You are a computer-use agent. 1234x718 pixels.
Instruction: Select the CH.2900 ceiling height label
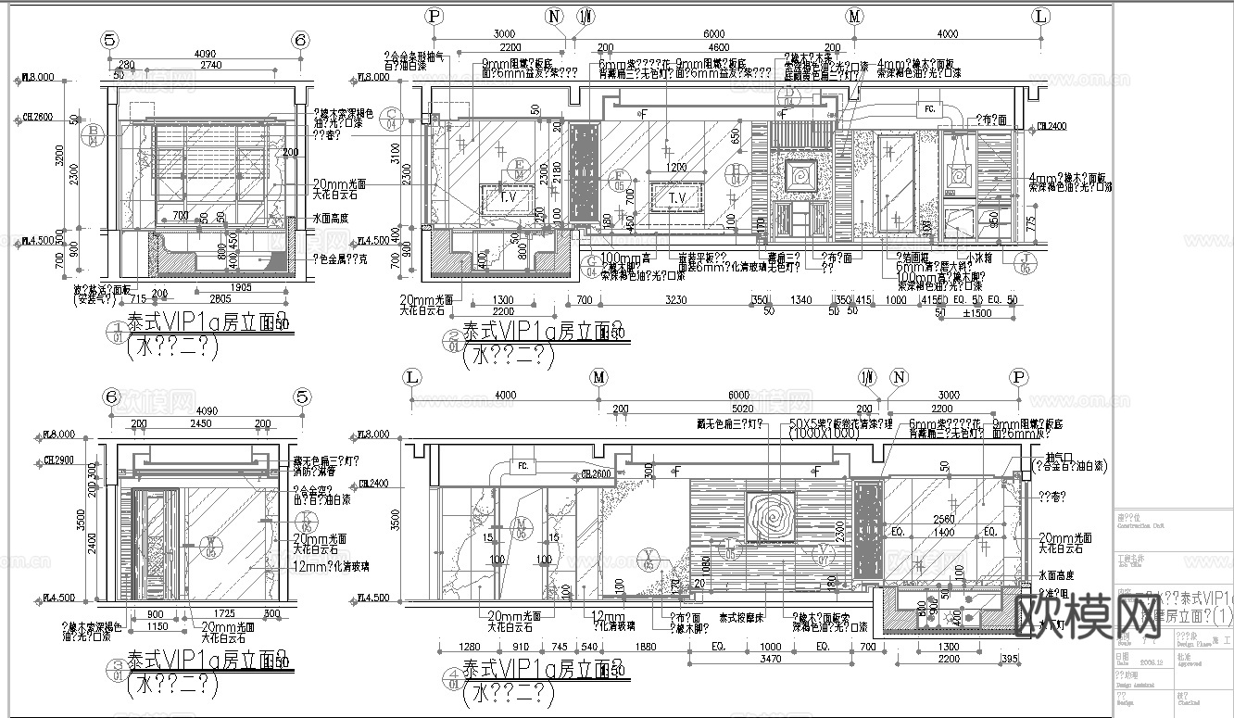pos(57,460)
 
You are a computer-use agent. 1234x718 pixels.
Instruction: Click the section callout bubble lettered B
pos(94,137)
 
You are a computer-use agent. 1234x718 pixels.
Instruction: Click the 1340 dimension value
pos(800,300)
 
